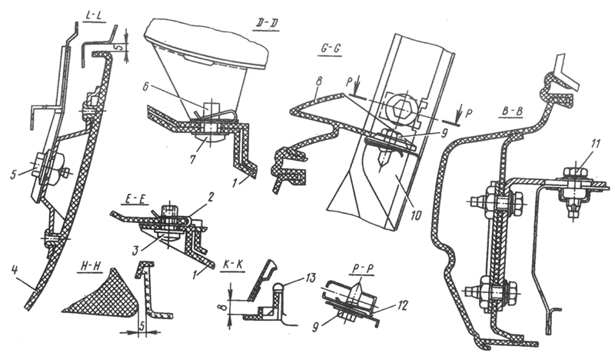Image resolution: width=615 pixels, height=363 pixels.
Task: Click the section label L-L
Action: click(x=95, y=17)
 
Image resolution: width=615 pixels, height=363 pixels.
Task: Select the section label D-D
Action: click(x=265, y=24)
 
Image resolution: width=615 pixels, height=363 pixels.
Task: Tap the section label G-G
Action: click(x=329, y=49)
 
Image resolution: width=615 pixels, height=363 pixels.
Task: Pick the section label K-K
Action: click(x=234, y=265)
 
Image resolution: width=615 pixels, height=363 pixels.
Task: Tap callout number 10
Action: click(x=416, y=215)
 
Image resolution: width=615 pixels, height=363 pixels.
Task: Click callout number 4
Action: click(x=14, y=270)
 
